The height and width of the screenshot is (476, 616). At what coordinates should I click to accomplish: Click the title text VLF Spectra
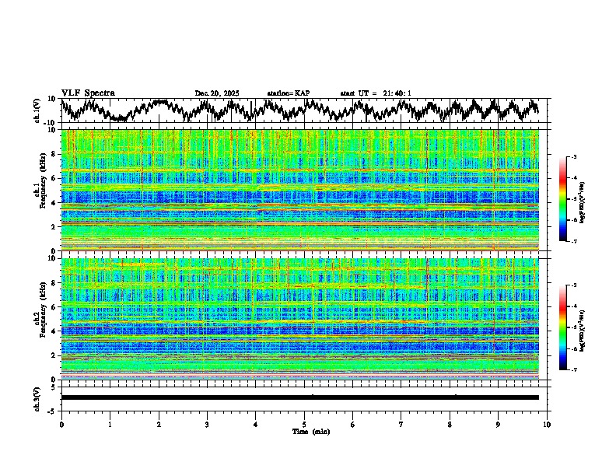click(x=88, y=93)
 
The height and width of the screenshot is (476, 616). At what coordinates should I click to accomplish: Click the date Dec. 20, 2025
click(x=217, y=93)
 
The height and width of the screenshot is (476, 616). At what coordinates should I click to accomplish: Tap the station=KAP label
click(x=288, y=93)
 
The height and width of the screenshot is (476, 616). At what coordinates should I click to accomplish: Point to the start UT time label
click(x=375, y=93)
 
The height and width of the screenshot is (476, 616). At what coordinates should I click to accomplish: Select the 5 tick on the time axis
click(x=304, y=424)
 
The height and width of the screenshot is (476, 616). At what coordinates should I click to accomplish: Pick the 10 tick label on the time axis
click(x=547, y=424)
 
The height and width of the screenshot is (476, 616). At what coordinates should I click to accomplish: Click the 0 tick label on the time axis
click(x=61, y=424)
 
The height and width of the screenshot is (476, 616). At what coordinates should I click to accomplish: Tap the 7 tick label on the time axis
click(x=401, y=424)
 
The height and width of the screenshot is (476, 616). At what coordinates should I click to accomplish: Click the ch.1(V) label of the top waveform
click(x=37, y=110)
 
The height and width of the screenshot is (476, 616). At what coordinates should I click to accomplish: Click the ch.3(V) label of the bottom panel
click(x=37, y=397)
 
